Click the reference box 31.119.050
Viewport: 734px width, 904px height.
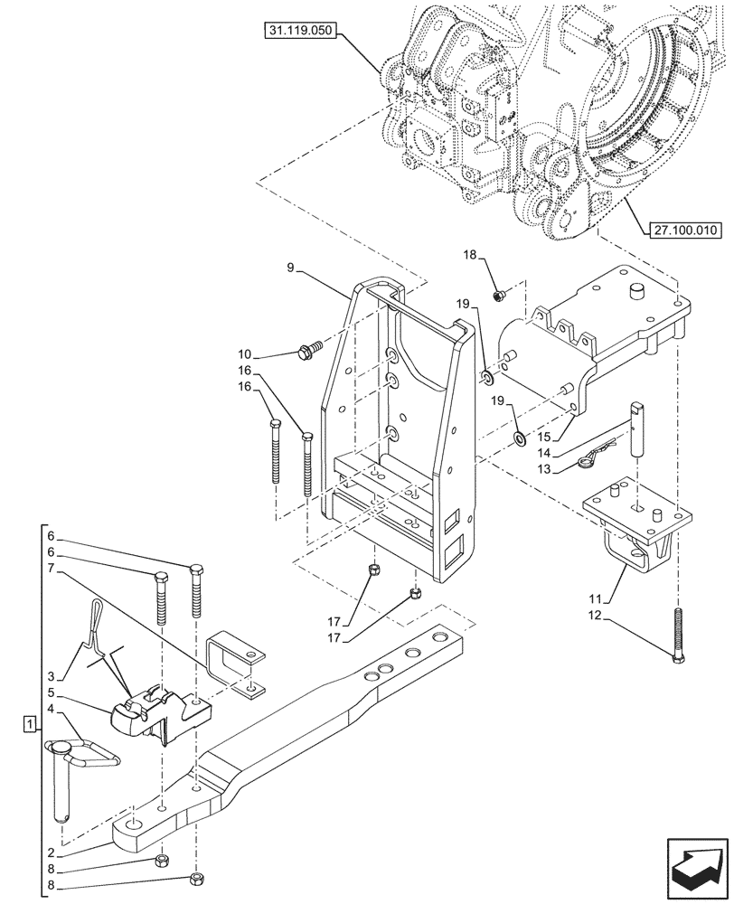click(301, 31)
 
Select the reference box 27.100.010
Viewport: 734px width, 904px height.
click(682, 231)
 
